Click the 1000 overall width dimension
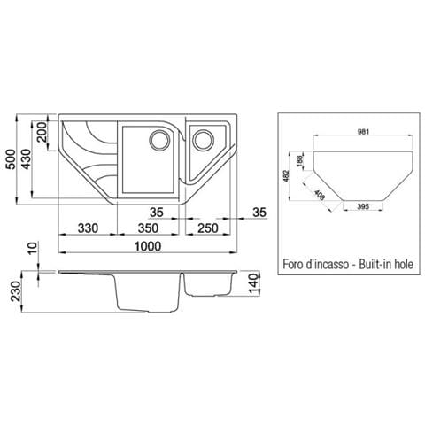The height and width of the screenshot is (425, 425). pyautogui.click(x=148, y=246)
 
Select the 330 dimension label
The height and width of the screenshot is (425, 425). pyautogui.click(x=88, y=228)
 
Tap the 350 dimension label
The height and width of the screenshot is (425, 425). pyautogui.click(x=148, y=228)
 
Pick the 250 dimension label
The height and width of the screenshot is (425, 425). pyautogui.click(x=208, y=228)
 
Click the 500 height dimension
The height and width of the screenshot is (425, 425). pyautogui.click(x=11, y=159)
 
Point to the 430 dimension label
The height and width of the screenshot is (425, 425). pyautogui.click(x=27, y=159)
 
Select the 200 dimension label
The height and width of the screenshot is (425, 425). pyautogui.click(x=42, y=132)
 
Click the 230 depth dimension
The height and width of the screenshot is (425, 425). pyautogui.click(x=15, y=291)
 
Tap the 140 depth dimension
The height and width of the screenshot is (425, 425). pyautogui.click(x=254, y=283)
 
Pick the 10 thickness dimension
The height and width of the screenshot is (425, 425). pyautogui.click(x=33, y=248)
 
